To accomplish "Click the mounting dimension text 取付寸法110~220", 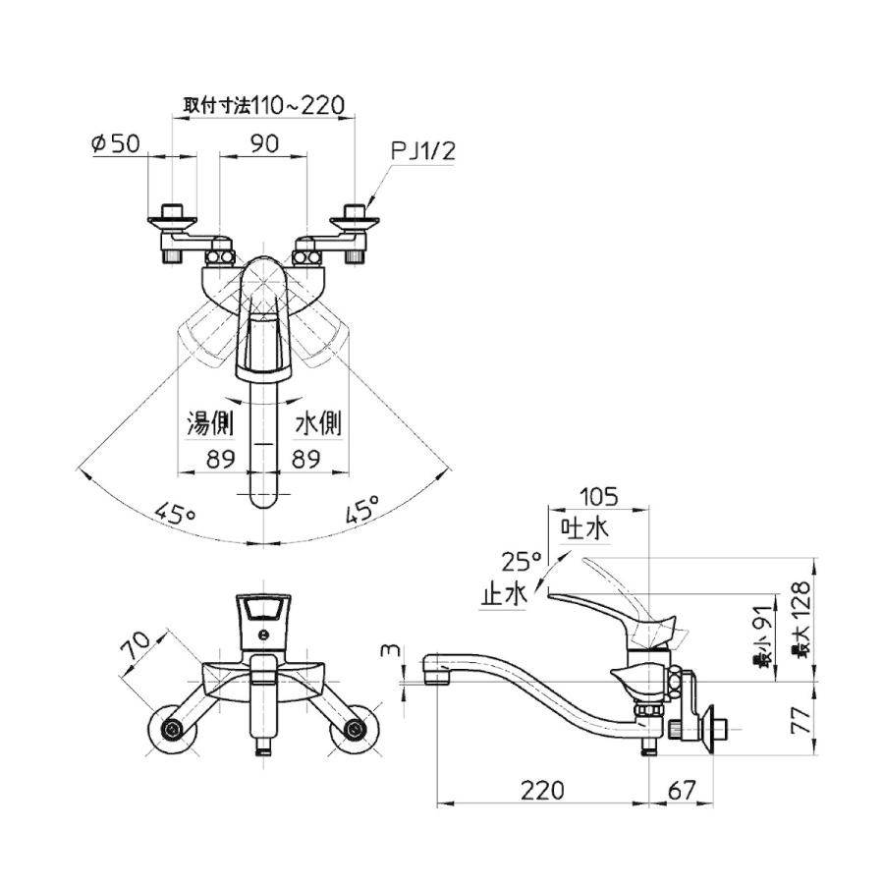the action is click(x=264, y=105).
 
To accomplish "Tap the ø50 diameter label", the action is click(x=116, y=143).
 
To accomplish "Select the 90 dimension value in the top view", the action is click(x=264, y=143).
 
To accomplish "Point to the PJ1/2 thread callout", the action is click(x=422, y=151).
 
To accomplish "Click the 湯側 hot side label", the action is click(x=210, y=422).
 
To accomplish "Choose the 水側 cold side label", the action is click(x=318, y=422).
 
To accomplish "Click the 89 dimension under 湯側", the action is click(x=220, y=459).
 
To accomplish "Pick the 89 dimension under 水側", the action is click(x=306, y=459).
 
